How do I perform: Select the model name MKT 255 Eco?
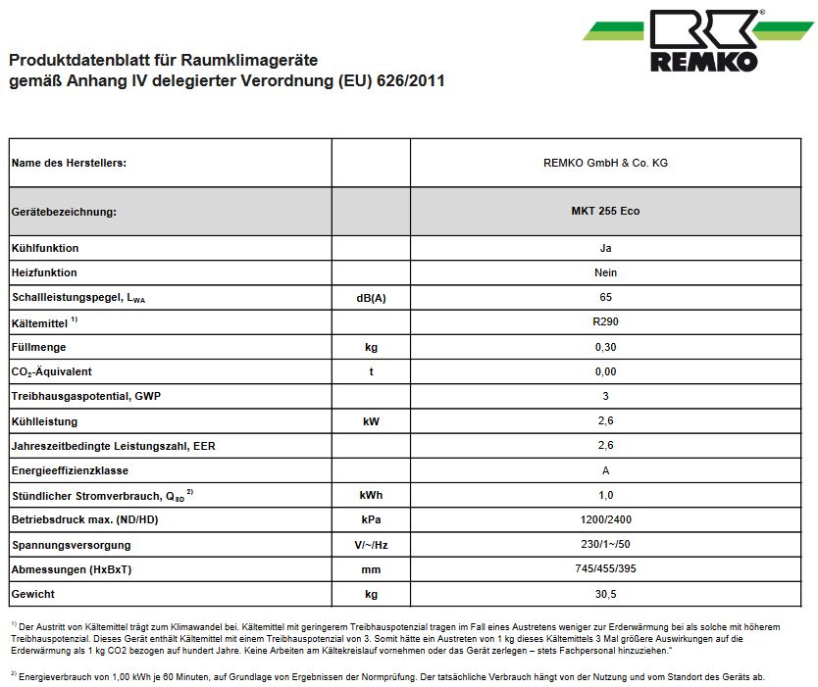coord(605,212)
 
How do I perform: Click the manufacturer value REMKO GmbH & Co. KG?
coord(605,163)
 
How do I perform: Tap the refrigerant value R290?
coord(605,321)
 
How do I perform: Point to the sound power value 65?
coord(605,297)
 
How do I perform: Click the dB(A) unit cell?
coord(371,298)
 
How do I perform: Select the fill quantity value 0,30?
coord(605,347)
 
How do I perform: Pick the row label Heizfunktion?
coord(44,272)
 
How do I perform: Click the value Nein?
coord(605,272)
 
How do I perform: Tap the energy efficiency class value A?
coord(605,471)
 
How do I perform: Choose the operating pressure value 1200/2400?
coord(605,520)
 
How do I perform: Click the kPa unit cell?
coord(371,520)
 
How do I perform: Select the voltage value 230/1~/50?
coord(605,545)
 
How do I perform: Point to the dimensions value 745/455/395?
coord(605,569)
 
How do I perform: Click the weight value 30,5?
coord(605,595)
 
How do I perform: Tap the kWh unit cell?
coord(371,496)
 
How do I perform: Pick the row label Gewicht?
coord(33,595)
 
